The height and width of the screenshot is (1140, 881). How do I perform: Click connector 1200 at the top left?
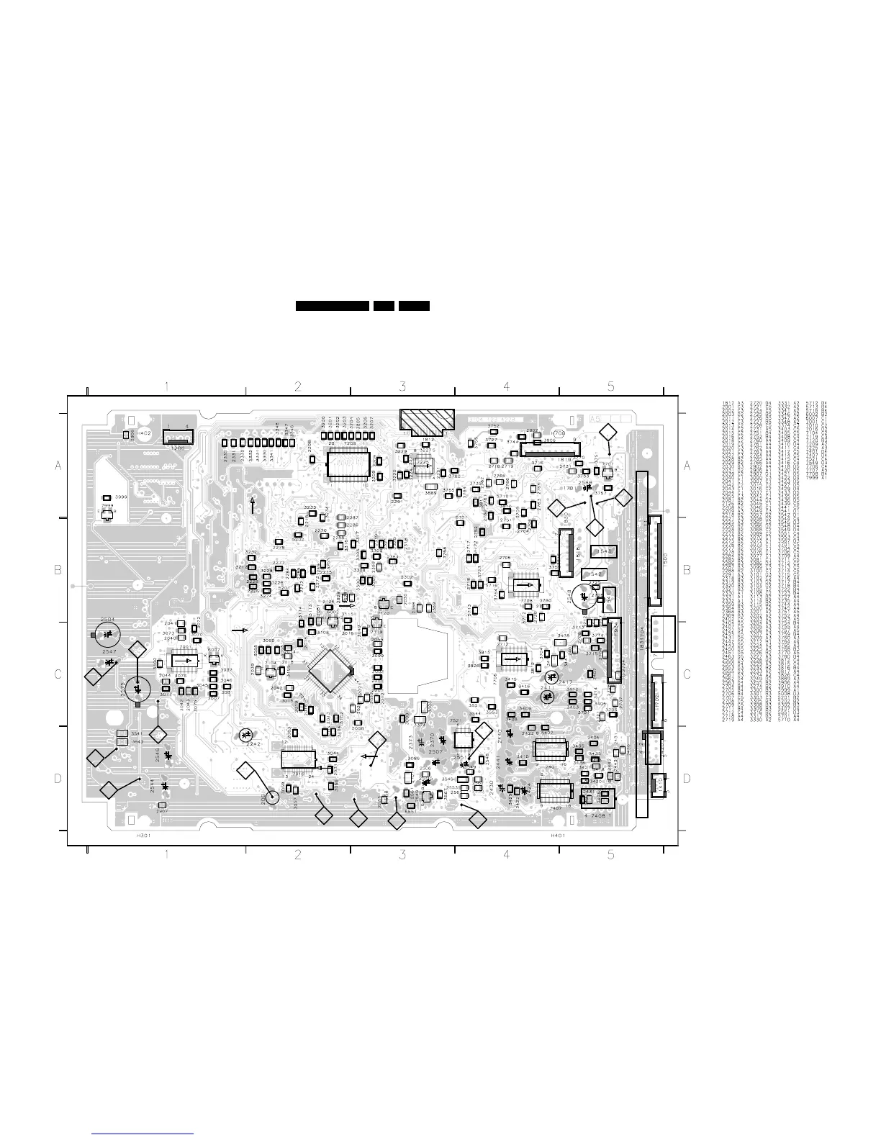pos(177,436)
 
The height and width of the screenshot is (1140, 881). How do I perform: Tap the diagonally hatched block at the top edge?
pos(426,420)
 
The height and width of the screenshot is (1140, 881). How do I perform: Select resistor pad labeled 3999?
pos(107,498)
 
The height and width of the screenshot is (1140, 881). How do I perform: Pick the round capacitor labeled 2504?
pos(107,634)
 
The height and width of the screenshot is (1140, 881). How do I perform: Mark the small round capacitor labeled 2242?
pos(245,736)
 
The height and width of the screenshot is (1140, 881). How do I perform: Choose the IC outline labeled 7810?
pos(298,760)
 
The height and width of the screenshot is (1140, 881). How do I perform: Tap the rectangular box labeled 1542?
pos(595,574)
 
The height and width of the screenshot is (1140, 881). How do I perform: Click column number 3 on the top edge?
pos(402,386)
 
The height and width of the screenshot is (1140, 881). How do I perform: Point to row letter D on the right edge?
pos(687,778)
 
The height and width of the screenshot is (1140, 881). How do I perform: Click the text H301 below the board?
pos(143,837)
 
